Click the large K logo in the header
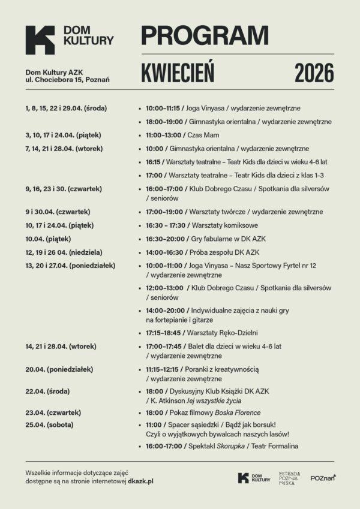pyautogui.click(x=40, y=40)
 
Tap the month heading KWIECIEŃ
pyautogui.click(x=178, y=73)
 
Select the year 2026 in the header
pyautogui.click(x=314, y=73)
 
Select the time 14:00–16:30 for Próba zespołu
pyautogui.click(x=163, y=252)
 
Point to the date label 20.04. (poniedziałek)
pyautogui.click(x=59, y=369)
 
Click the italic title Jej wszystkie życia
pyautogui.click(x=226, y=400)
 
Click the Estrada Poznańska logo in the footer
pyautogui.click(x=289, y=478)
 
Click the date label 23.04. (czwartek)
pyautogui.click(x=53, y=412)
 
